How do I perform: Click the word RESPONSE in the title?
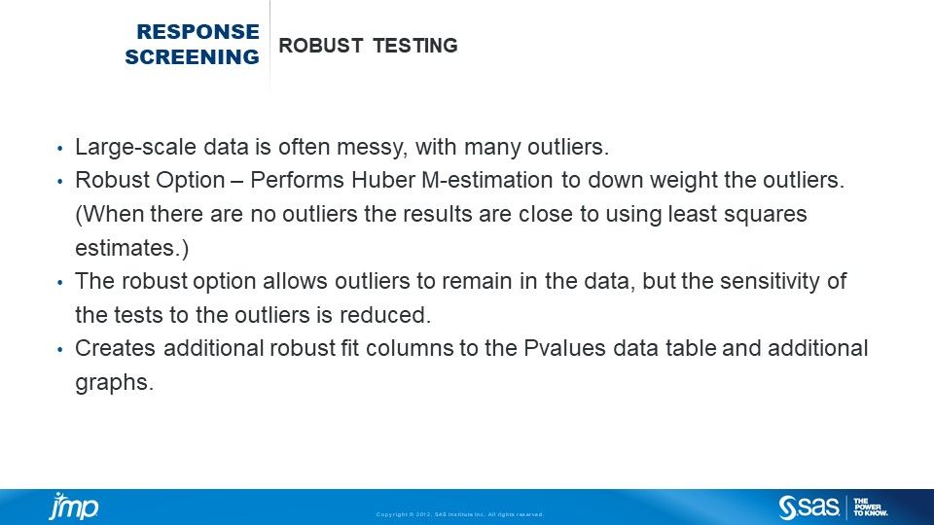198,32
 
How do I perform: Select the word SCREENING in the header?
193,57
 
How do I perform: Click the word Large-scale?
127,148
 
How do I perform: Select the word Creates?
111,348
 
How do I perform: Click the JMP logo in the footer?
73,507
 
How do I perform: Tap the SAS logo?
808,507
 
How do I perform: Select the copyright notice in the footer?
460,514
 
